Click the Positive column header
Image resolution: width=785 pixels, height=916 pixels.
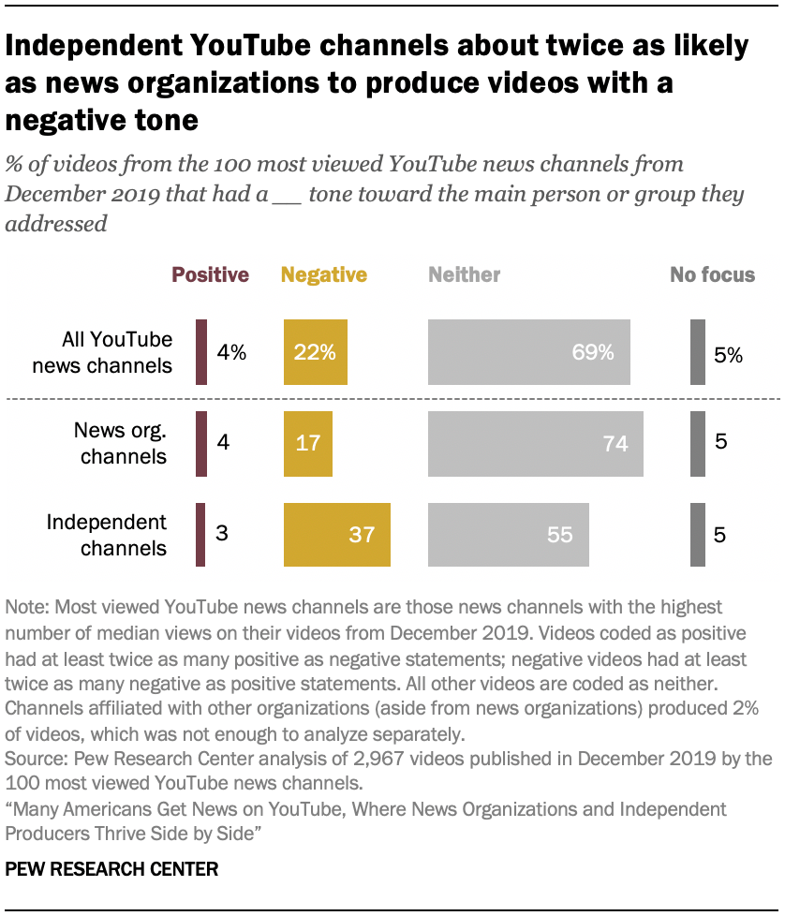click(210, 274)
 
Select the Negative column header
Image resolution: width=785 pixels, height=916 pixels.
click(324, 274)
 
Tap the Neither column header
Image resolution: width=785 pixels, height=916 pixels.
click(465, 274)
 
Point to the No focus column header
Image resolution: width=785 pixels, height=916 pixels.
click(712, 274)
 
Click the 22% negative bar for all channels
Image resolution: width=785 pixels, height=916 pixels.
click(316, 352)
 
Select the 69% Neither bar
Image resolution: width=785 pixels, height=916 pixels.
click(529, 352)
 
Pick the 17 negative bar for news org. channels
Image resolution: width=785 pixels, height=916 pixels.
click(307, 443)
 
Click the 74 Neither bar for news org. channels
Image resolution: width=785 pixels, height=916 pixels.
click(535, 443)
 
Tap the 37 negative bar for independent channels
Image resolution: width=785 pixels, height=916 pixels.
click(336, 535)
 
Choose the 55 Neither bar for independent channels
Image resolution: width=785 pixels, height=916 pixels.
click(509, 535)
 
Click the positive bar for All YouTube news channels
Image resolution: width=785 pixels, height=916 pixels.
click(201, 352)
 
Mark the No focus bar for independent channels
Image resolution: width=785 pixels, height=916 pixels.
click(698, 535)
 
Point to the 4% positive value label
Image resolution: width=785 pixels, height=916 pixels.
click(231, 353)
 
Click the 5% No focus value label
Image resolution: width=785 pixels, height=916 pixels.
click(728, 354)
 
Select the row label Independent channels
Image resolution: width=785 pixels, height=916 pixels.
click(107, 535)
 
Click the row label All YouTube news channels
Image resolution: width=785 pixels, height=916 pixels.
click(102, 352)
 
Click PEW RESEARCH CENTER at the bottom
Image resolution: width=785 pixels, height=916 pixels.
click(111, 869)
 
